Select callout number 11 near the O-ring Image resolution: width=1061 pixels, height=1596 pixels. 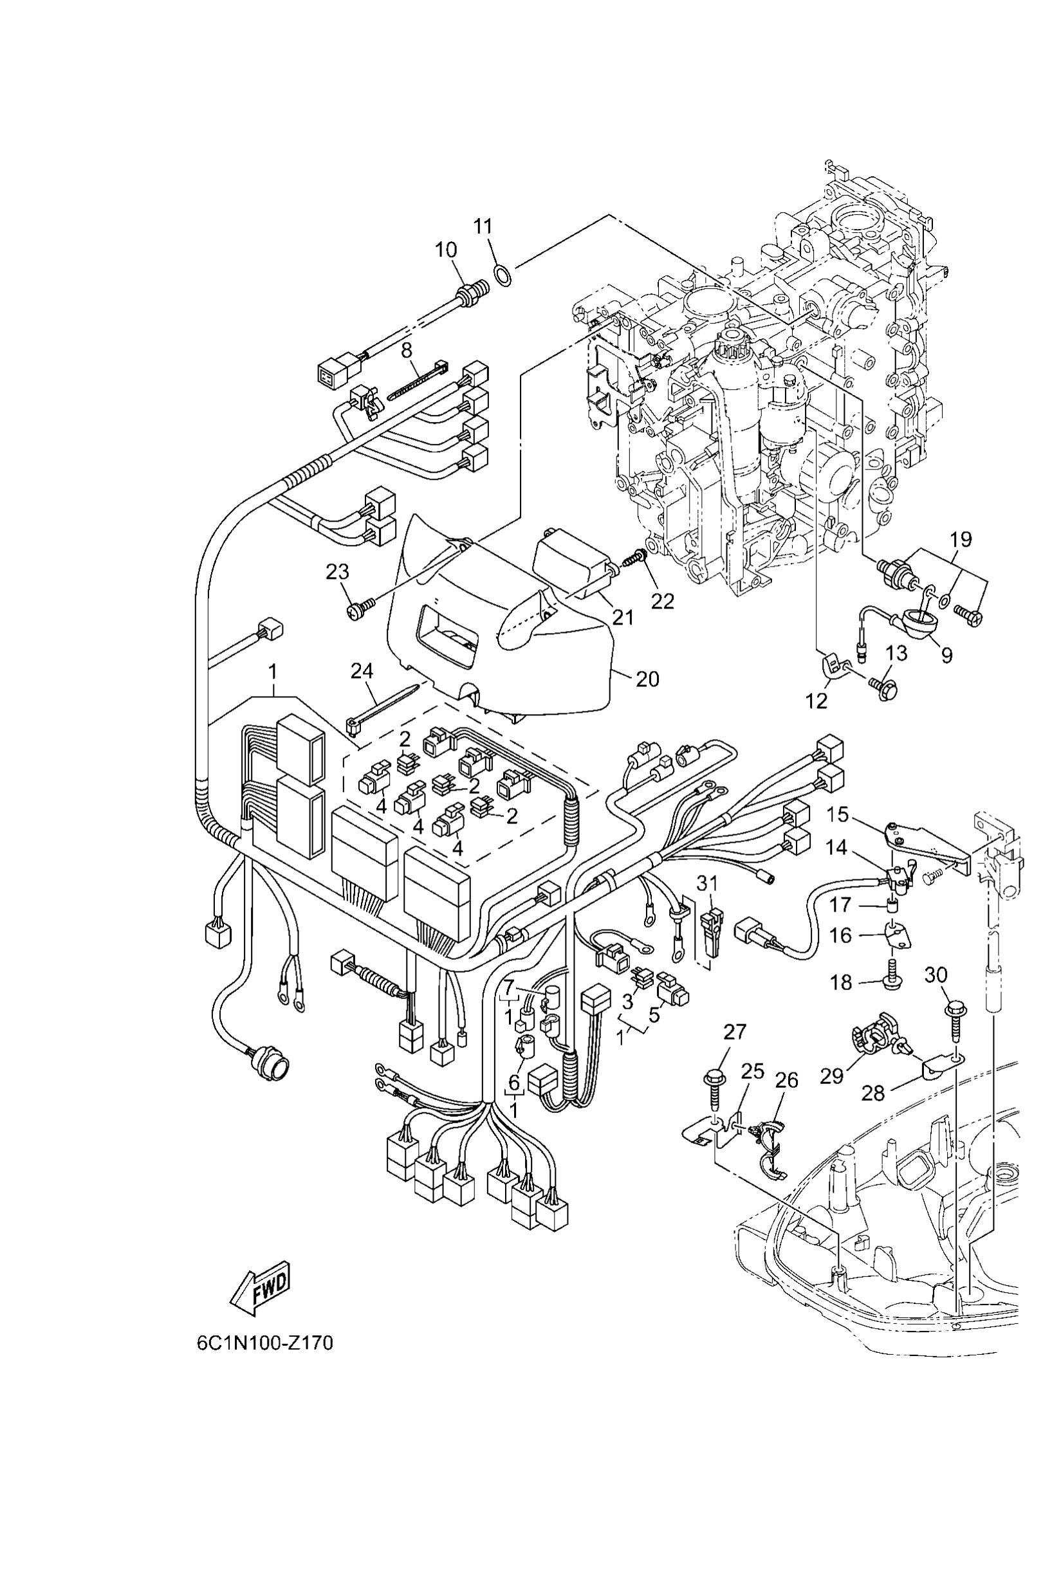tap(483, 226)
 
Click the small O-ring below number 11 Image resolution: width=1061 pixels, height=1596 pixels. tap(502, 275)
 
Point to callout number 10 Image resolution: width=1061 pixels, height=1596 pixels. tap(446, 250)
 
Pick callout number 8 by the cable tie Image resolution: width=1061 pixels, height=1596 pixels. tap(407, 351)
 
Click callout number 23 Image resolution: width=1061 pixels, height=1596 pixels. tap(338, 573)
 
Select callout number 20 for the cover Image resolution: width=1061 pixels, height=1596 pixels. tap(647, 679)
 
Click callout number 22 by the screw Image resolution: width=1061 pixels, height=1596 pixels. tap(663, 601)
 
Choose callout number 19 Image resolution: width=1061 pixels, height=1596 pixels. tap(961, 539)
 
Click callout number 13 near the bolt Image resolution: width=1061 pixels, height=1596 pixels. tap(897, 653)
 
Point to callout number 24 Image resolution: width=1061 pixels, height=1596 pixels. tap(362, 671)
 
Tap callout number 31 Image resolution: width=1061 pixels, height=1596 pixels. tap(707, 883)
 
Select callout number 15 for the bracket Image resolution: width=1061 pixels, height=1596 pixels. tap(838, 814)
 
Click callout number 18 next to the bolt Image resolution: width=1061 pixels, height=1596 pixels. tap(841, 982)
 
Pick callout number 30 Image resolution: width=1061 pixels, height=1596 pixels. tap(936, 975)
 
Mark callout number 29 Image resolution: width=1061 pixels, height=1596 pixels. tap(831, 1076)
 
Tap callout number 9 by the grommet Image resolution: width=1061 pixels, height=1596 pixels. tap(946, 654)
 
